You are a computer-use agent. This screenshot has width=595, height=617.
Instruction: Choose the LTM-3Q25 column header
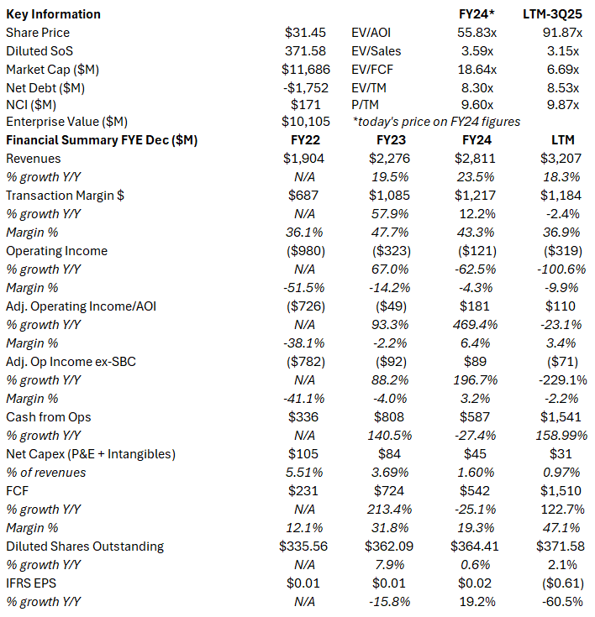(561, 14)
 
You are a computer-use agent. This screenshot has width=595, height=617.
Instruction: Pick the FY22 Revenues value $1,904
(306, 158)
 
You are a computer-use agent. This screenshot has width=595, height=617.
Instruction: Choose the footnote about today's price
(437, 122)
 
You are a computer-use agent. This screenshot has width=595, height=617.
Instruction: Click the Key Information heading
(53, 14)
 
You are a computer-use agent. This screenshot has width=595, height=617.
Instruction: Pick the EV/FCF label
(372, 69)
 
